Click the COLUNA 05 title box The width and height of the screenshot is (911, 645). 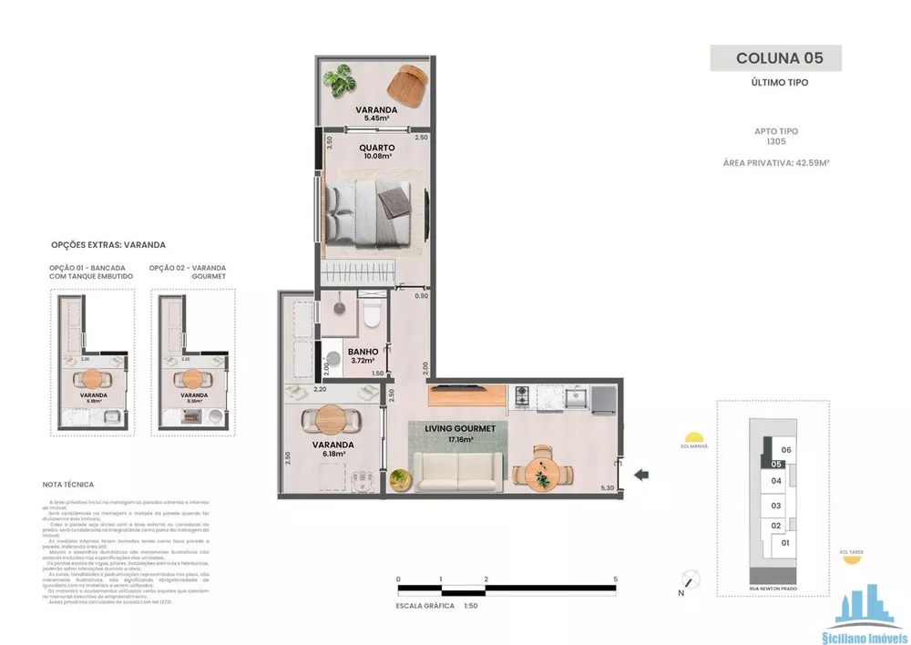(775, 58)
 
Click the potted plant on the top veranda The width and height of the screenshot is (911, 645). (343, 82)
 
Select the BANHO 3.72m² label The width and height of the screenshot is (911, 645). (363, 355)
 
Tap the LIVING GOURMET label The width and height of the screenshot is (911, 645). (460, 433)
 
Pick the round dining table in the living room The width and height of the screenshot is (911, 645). (543, 472)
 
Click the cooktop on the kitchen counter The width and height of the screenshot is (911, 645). (522, 396)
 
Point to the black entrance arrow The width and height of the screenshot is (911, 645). (641, 474)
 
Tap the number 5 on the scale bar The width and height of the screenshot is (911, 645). (617, 579)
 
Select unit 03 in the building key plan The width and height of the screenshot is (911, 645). (776, 506)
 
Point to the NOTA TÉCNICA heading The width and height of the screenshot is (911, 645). (68, 485)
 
